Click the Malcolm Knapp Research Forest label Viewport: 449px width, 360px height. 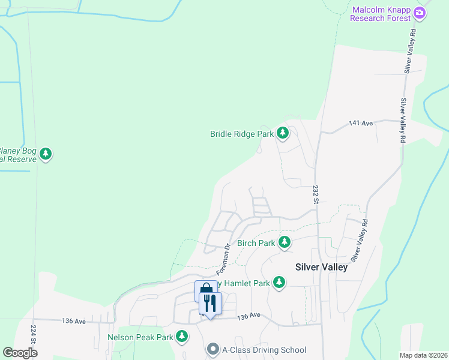(x=381, y=14)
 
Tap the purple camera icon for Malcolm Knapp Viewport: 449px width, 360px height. (x=420, y=13)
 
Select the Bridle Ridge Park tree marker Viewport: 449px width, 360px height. (x=283, y=134)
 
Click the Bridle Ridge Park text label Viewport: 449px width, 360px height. (x=242, y=134)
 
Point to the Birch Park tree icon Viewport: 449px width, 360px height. (x=284, y=243)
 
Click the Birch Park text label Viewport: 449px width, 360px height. (x=256, y=243)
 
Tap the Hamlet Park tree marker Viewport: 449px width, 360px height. (x=279, y=282)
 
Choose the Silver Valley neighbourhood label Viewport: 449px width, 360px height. (x=321, y=267)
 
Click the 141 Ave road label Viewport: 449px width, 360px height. (x=361, y=123)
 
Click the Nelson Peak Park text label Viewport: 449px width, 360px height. (x=140, y=337)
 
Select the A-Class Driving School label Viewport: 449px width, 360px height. (x=264, y=350)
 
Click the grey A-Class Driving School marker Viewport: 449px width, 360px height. (x=212, y=349)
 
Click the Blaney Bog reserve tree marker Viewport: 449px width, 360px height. (x=46, y=155)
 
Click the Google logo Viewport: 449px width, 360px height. (x=20, y=353)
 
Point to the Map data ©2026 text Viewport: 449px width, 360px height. (x=423, y=355)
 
